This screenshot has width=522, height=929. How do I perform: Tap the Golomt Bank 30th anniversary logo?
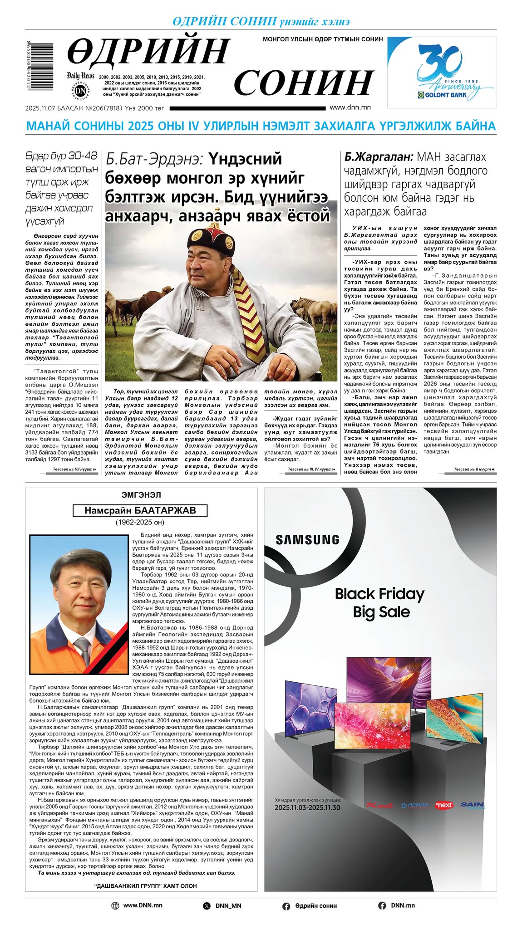click(x=442, y=73)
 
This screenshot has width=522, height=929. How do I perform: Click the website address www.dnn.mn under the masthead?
click(x=350, y=108)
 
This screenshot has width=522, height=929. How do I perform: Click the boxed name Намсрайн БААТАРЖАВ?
click(x=140, y=510)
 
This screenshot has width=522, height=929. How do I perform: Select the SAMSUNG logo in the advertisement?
click(x=307, y=540)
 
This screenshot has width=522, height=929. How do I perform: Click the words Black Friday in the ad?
click(x=379, y=594)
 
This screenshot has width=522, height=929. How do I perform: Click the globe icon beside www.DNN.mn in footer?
click(x=115, y=905)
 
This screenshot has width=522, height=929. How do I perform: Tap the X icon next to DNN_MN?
click(x=207, y=906)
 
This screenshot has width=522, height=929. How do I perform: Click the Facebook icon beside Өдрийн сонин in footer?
click(x=286, y=906)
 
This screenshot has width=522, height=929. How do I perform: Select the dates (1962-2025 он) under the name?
click(x=140, y=522)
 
